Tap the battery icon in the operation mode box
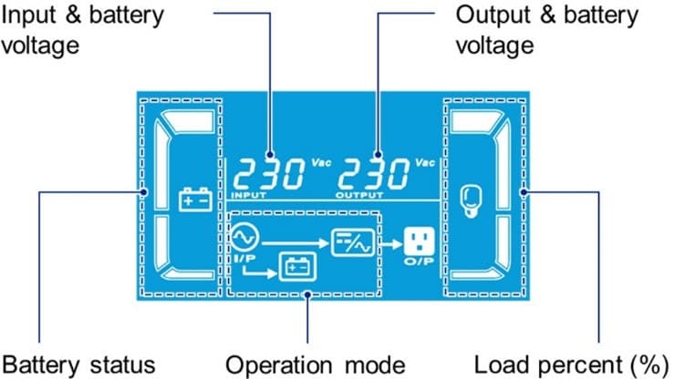coord(296,265)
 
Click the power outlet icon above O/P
coord(415,241)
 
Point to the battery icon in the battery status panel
coord(193,198)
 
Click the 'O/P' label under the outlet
coord(416,262)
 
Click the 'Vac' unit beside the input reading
coord(321,163)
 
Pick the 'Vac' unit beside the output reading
coord(425,163)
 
